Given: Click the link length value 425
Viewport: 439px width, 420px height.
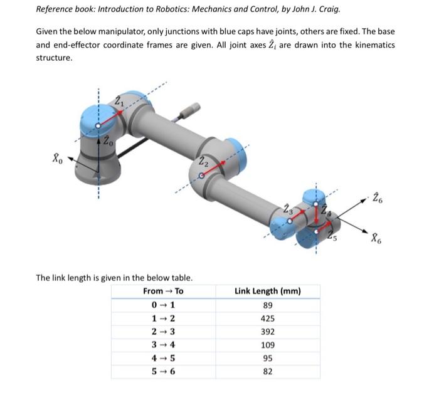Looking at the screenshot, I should (267, 318).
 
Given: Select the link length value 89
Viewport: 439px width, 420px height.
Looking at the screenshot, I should (267, 305).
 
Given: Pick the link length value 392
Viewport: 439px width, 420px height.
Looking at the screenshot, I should (267, 332).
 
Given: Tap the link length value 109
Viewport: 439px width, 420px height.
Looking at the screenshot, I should (267, 345).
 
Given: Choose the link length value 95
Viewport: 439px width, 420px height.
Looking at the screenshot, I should (267, 359).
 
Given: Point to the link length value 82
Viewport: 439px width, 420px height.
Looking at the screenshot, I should (267, 372).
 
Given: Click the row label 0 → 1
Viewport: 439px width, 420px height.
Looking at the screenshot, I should (163, 305).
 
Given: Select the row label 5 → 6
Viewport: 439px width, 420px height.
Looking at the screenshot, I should (163, 372).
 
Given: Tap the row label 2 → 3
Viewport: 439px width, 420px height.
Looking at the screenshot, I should (163, 332).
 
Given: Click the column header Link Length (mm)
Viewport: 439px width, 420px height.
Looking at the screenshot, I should (267, 291).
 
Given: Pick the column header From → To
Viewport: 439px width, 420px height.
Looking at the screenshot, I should (163, 291).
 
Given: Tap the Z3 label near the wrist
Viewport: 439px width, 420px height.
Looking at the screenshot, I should (288, 208).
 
